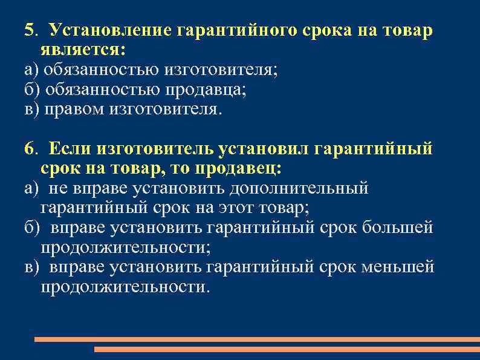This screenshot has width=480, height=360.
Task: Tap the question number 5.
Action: point(28,30)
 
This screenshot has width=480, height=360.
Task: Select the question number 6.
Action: point(28,148)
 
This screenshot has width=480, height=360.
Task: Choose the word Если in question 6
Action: point(71,148)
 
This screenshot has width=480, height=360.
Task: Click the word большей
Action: point(404,228)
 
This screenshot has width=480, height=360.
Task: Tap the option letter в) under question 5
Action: point(31,109)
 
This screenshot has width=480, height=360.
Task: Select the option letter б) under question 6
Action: point(31,228)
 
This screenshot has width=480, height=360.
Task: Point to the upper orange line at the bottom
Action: point(257,339)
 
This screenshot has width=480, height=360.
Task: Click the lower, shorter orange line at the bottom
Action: point(287,349)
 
